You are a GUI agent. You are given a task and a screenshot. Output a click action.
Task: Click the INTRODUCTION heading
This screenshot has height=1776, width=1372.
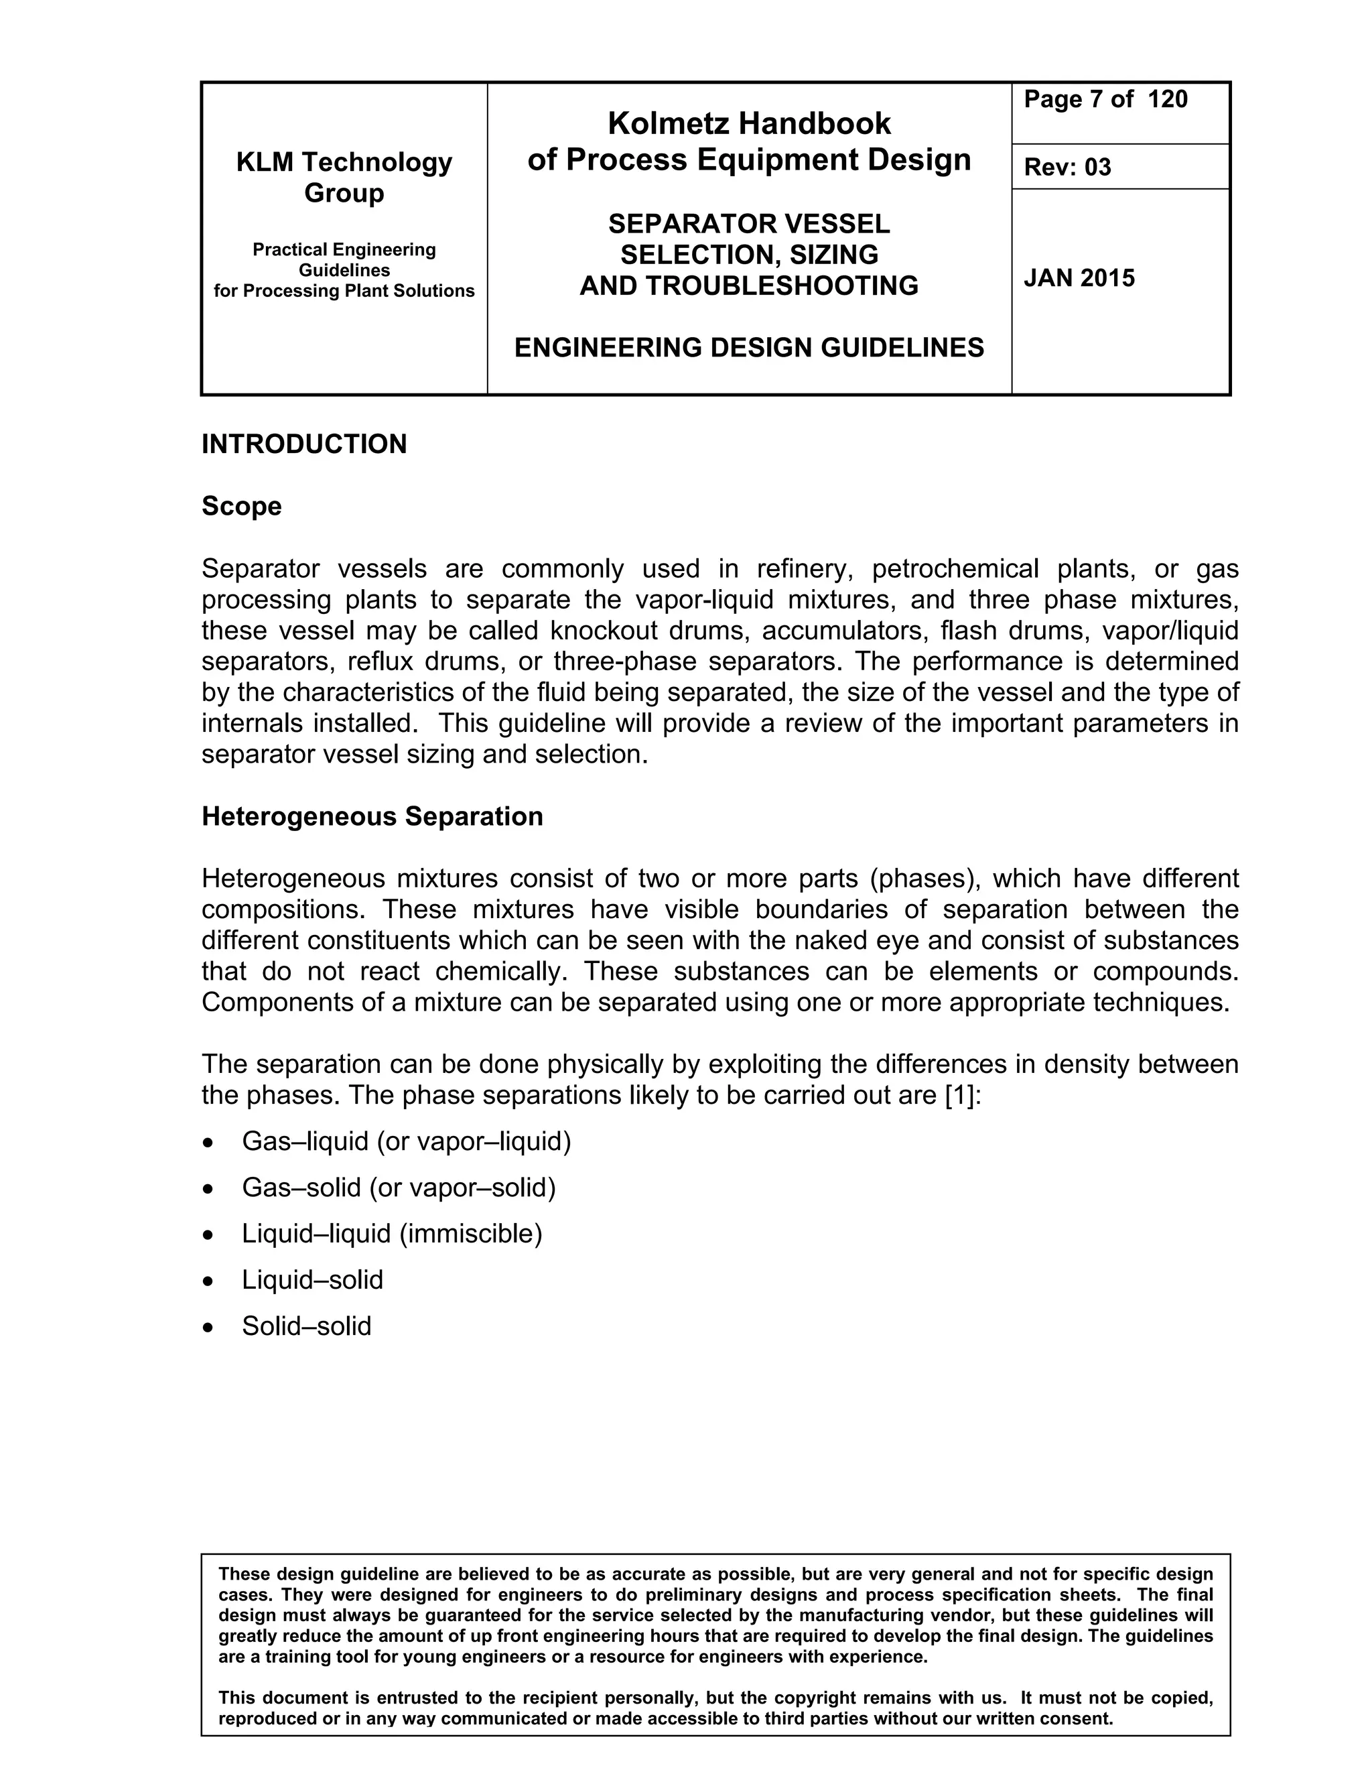click(304, 444)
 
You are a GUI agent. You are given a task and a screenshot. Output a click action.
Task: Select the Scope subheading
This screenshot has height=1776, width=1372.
click(241, 506)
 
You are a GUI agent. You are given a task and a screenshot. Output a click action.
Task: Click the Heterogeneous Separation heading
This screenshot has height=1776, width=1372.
click(372, 816)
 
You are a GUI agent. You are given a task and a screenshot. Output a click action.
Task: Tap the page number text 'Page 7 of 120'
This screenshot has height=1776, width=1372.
click(1105, 99)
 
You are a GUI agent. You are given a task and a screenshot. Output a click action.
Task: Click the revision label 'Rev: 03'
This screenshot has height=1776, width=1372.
click(1067, 167)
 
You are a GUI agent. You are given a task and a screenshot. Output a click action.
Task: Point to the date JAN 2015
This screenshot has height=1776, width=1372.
click(1079, 278)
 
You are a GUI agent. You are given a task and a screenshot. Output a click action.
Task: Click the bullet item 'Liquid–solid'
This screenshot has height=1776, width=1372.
click(312, 1280)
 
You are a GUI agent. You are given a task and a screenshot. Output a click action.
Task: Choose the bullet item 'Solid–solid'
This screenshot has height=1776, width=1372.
click(306, 1326)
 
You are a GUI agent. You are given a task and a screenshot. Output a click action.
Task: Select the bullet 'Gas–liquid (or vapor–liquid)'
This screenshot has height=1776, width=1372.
click(407, 1142)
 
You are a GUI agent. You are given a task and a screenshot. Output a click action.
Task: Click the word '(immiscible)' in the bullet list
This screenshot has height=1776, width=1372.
click(470, 1234)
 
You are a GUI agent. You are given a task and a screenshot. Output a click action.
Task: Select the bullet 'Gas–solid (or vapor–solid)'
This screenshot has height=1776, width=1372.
click(399, 1188)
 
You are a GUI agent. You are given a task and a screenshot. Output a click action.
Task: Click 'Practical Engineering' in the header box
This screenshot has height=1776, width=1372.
click(344, 250)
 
